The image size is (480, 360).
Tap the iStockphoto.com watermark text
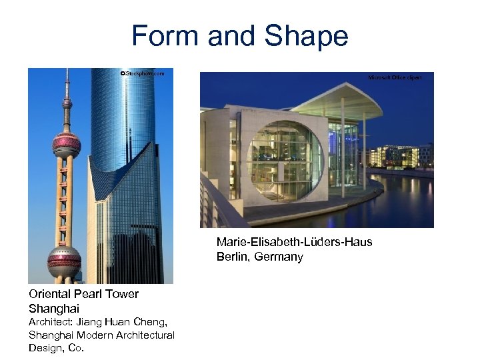pos(141,73)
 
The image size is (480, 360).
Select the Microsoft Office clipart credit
pos(395,78)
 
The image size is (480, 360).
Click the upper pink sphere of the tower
pos(67,143)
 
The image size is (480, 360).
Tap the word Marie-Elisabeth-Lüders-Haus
pos(294,242)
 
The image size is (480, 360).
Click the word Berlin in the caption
pos(231,257)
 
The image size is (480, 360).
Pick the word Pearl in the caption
pos(92,294)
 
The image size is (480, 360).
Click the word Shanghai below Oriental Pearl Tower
pos(54,309)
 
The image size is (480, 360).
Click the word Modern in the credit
pos(95,335)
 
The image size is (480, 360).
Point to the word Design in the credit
pos(45,347)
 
